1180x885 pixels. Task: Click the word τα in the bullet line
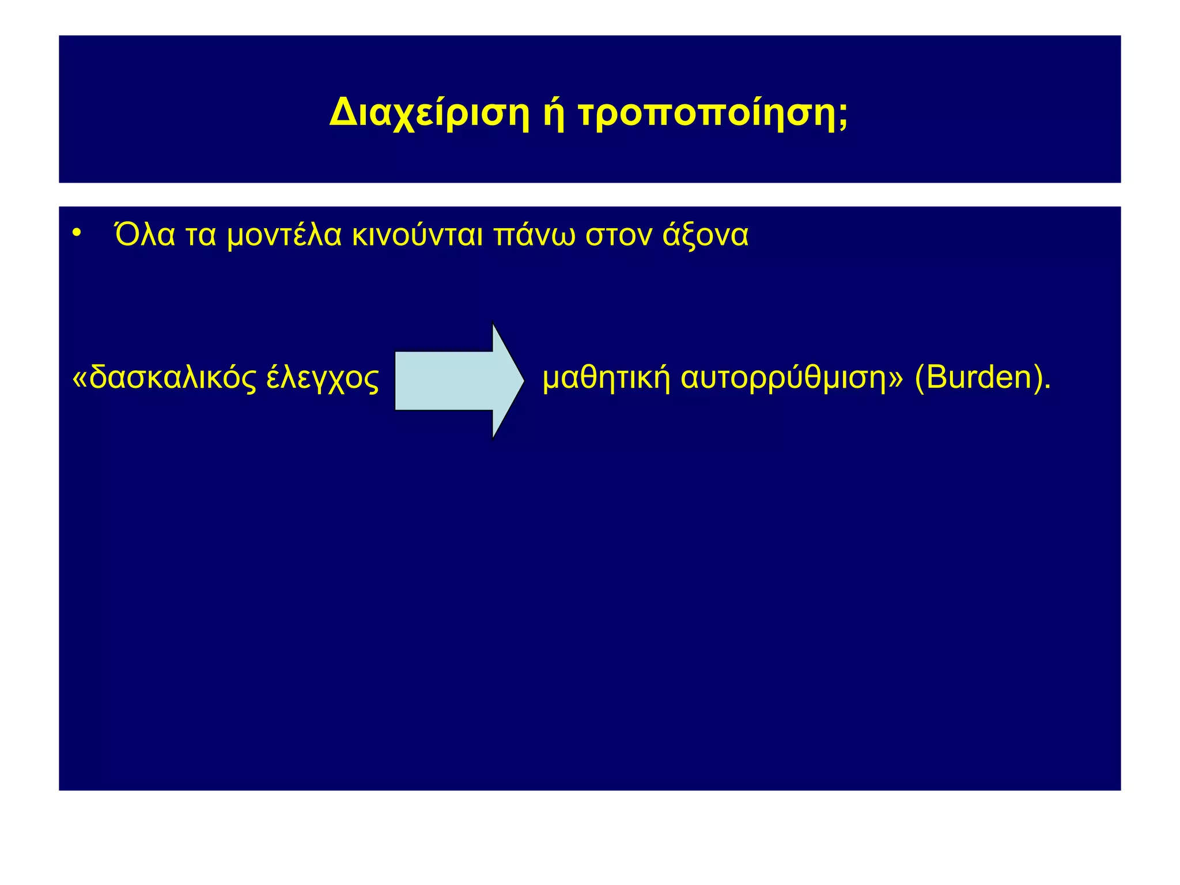pos(201,235)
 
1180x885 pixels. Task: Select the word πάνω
pos(534,235)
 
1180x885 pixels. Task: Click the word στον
pos(618,235)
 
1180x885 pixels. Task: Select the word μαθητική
pos(606,379)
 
